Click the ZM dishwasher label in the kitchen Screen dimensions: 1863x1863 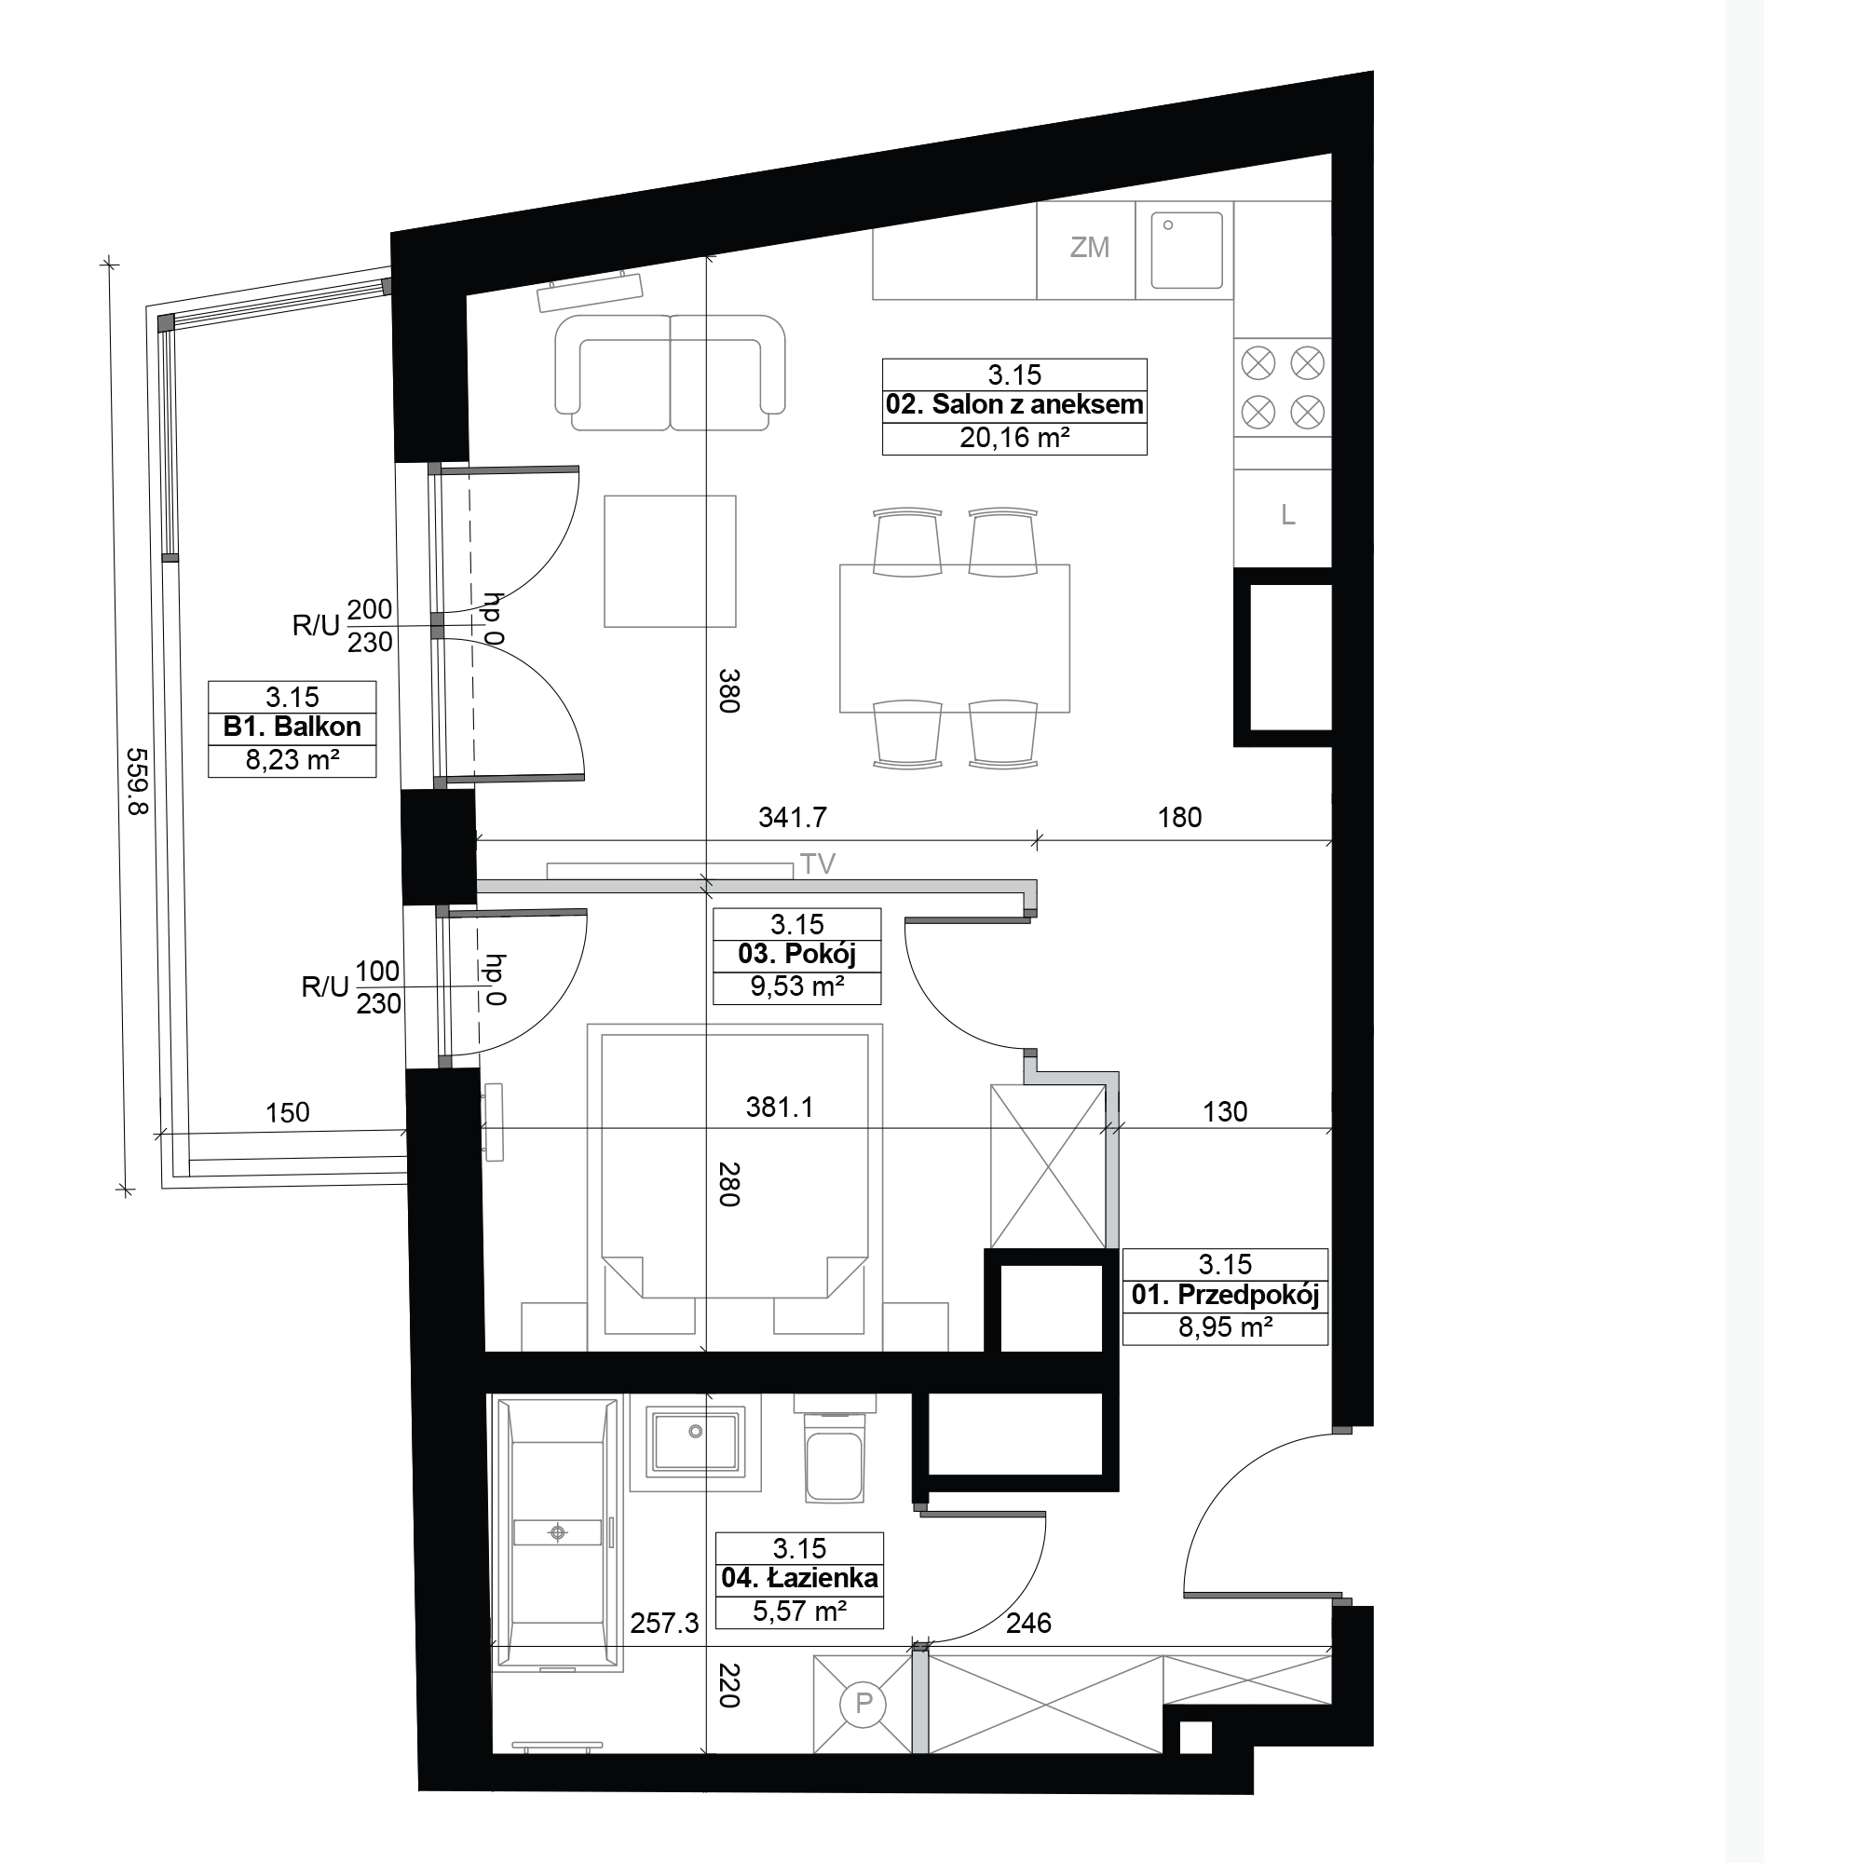[x=1090, y=248]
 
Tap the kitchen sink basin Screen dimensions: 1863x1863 [x=1185, y=251]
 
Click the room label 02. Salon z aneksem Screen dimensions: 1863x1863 [x=1014, y=405]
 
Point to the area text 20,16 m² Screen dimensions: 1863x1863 [x=1014, y=439]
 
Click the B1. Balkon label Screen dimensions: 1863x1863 [x=292, y=728]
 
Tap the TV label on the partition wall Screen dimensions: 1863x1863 [x=818, y=864]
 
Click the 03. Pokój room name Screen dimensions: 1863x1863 [x=797, y=956]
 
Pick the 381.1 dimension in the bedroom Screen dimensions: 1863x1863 [x=779, y=1107]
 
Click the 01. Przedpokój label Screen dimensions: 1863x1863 [x=1225, y=1295]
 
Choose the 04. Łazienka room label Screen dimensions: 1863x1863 [x=799, y=1579]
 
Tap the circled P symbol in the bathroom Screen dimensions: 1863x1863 [x=864, y=1704]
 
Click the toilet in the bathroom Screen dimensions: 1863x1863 [x=834, y=1448]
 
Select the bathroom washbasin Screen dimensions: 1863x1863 [x=696, y=1441]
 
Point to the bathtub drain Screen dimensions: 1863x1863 [x=557, y=1532]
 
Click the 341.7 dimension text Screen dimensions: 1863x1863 [x=793, y=818]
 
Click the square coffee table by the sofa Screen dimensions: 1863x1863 [x=670, y=561]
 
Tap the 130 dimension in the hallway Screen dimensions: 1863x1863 [x=1225, y=1112]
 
